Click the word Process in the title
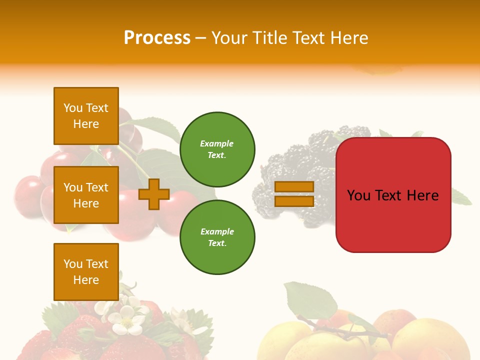tap(157, 38)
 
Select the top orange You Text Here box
tap(86, 116)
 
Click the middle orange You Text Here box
tap(86, 195)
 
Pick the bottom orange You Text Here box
tap(86, 271)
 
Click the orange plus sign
tap(153, 194)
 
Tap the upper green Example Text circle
tap(217, 149)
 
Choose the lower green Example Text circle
tap(217, 237)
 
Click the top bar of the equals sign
tap(294, 186)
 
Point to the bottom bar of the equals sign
tap(294, 201)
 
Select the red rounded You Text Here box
tap(393, 194)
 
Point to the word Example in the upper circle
tap(217, 143)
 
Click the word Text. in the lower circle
tap(217, 243)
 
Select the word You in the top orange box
tap(73, 108)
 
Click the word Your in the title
tap(228, 38)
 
